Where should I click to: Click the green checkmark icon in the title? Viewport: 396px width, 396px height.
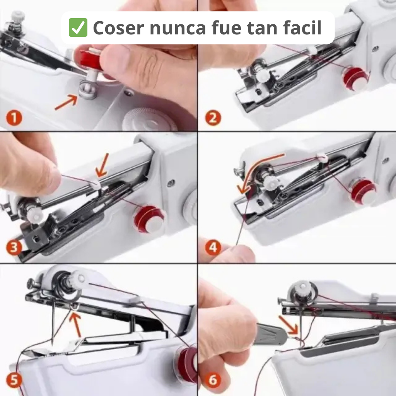point(78,28)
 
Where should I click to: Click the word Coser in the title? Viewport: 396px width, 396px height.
point(118,28)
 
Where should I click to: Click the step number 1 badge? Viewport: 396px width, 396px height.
point(14,117)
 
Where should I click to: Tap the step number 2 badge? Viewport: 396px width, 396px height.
point(213,117)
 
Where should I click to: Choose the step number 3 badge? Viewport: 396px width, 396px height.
point(14,247)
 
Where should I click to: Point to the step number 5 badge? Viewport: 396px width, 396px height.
point(14,381)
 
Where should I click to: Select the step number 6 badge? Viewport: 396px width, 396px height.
point(213,381)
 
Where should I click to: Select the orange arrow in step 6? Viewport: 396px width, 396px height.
point(288,325)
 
